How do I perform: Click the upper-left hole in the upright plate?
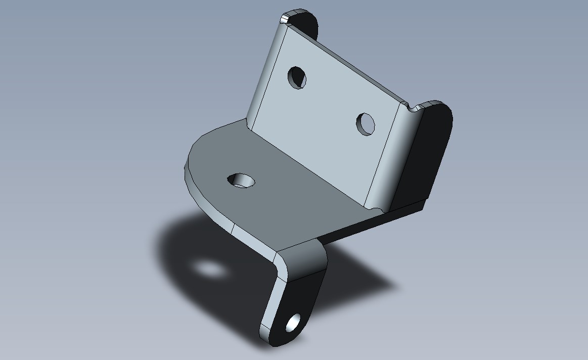[297, 77]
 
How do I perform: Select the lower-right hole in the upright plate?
[366, 124]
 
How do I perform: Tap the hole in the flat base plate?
[242, 180]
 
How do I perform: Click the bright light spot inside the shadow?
[210, 269]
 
